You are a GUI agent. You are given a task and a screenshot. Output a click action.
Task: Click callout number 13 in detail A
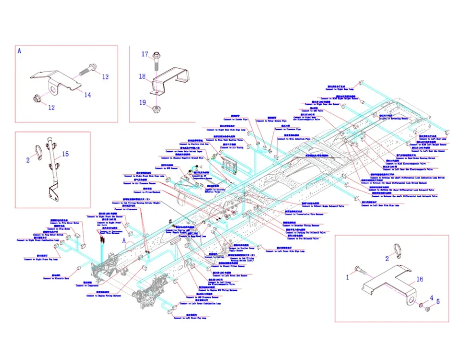tap(105, 77)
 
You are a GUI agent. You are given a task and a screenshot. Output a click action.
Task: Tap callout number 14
tap(87, 95)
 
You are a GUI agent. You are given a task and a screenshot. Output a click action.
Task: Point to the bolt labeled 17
tap(157, 60)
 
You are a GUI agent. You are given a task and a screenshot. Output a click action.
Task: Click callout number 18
tap(143, 76)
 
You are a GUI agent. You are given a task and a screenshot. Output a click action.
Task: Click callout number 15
tap(65, 154)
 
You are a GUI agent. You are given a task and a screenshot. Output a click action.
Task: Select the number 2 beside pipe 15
tap(28, 160)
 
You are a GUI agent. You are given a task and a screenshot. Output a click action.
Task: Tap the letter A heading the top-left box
tap(20, 50)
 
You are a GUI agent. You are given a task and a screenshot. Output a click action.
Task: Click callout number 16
tap(419, 279)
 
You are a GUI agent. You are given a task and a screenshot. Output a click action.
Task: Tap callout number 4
tap(431, 298)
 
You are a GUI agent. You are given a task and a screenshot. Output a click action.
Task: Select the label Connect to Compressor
tap(87, 286)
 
